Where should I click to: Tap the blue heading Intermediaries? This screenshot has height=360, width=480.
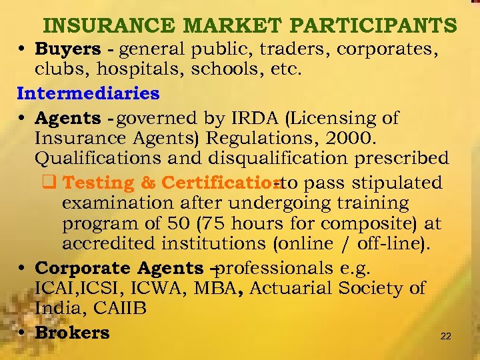point(89,93)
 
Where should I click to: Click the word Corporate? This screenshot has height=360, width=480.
point(83,268)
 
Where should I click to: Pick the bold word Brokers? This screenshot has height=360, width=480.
point(72,332)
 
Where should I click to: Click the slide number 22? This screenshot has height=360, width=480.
point(445,337)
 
